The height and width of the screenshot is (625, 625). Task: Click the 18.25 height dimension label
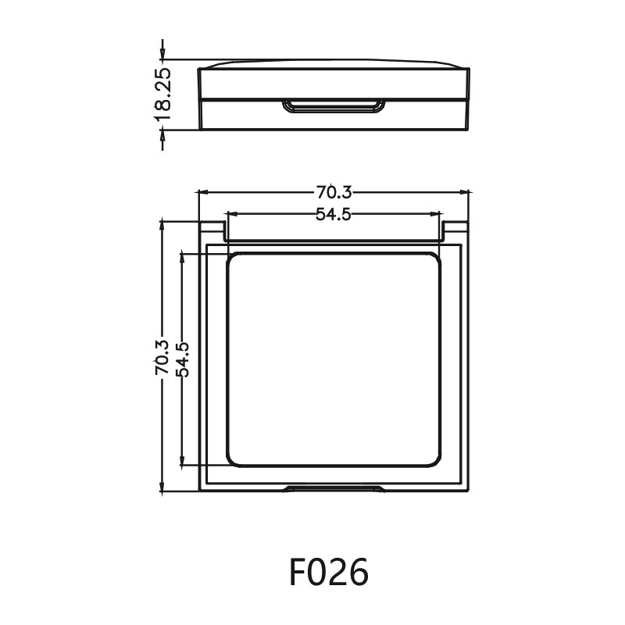click(x=162, y=94)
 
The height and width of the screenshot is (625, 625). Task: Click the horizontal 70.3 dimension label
click(x=334, y=191)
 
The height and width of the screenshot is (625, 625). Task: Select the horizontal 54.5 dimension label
click(x=334, y=214)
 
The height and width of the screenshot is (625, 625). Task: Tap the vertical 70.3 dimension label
click(x=162, y=358)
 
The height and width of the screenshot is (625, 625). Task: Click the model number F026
click(x=329, y=573)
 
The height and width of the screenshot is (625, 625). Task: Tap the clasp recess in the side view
click(x=334, y=106)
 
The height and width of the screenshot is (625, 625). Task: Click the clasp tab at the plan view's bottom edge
click(x=334, y=489)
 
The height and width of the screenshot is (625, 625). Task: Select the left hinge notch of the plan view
click(x=212, y=230)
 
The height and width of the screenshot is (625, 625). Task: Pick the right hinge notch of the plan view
click(x=456, y=230)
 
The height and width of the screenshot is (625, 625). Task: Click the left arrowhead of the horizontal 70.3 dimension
click(x=202, y=191)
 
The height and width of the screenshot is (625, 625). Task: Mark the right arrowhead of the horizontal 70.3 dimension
click(x=467, y=191)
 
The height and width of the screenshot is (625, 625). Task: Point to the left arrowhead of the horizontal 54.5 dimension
click(x=231, y=213)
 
